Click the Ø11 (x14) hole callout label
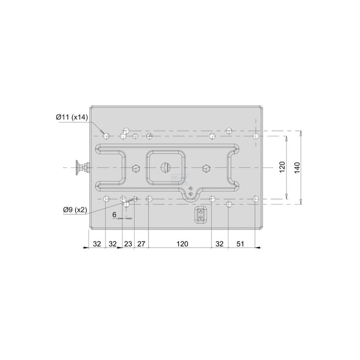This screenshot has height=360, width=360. [x=72, y=117]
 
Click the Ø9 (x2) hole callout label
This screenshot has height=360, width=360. [x=75, y=210]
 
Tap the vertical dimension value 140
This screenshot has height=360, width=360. [x=297, y=167]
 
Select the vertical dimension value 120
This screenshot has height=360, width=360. [x=282, y=167]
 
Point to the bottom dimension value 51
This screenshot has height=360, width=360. [x=240, y=243]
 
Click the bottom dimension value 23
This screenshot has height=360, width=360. [x=128, y=243]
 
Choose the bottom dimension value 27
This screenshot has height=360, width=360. [x=141, y=243]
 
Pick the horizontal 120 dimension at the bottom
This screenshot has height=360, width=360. [x=182, y=243]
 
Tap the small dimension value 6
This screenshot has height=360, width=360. [x=114, y=215]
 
